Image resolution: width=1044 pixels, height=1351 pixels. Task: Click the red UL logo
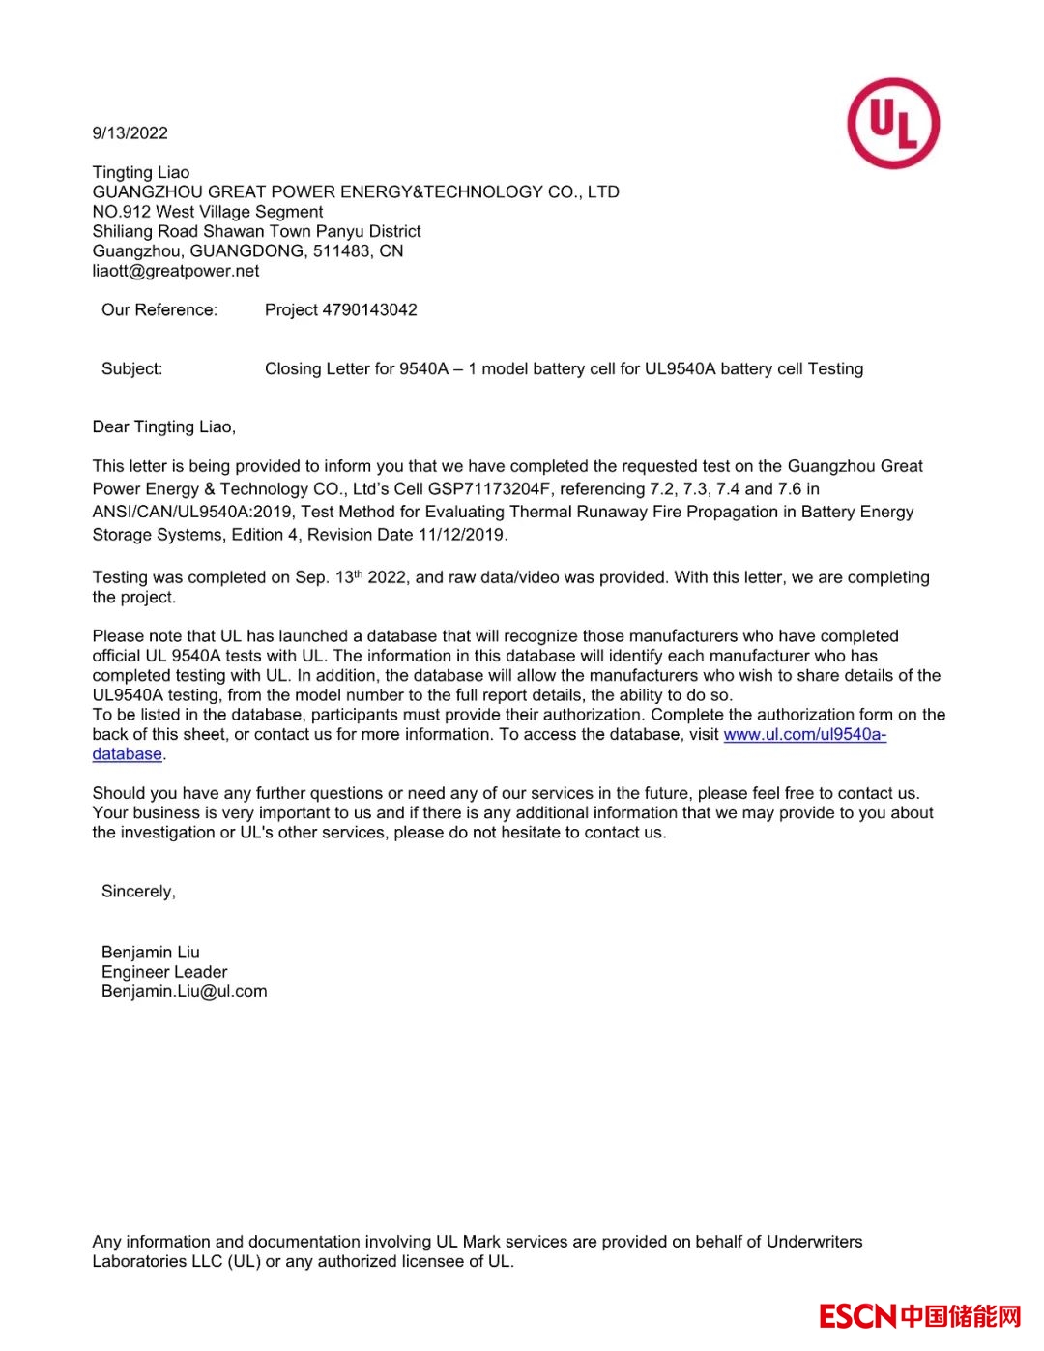(893, 124)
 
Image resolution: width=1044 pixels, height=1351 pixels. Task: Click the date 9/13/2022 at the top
(130, 133)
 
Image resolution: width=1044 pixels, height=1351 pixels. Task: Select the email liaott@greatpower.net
(176, 271)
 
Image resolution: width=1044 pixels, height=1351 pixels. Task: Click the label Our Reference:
(159, 310)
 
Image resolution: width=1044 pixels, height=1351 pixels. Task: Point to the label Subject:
(132, 368)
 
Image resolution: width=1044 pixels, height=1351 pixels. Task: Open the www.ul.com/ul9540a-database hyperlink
(804, 735)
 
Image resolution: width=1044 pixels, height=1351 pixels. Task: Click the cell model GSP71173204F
(490, 489)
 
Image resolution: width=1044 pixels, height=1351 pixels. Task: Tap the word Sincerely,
(138, 892)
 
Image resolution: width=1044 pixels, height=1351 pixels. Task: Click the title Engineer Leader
(164, 972)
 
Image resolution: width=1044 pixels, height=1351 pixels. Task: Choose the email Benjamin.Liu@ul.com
(184, 992)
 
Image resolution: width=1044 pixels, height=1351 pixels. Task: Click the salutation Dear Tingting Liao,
(164, 427)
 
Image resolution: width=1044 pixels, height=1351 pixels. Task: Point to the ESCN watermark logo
(919, 1316)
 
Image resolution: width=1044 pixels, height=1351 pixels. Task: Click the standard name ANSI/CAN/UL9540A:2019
(192, 512)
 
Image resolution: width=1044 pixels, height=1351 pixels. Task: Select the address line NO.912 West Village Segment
(208, 212)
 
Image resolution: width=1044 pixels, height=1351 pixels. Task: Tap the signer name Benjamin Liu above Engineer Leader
(151, 953)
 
